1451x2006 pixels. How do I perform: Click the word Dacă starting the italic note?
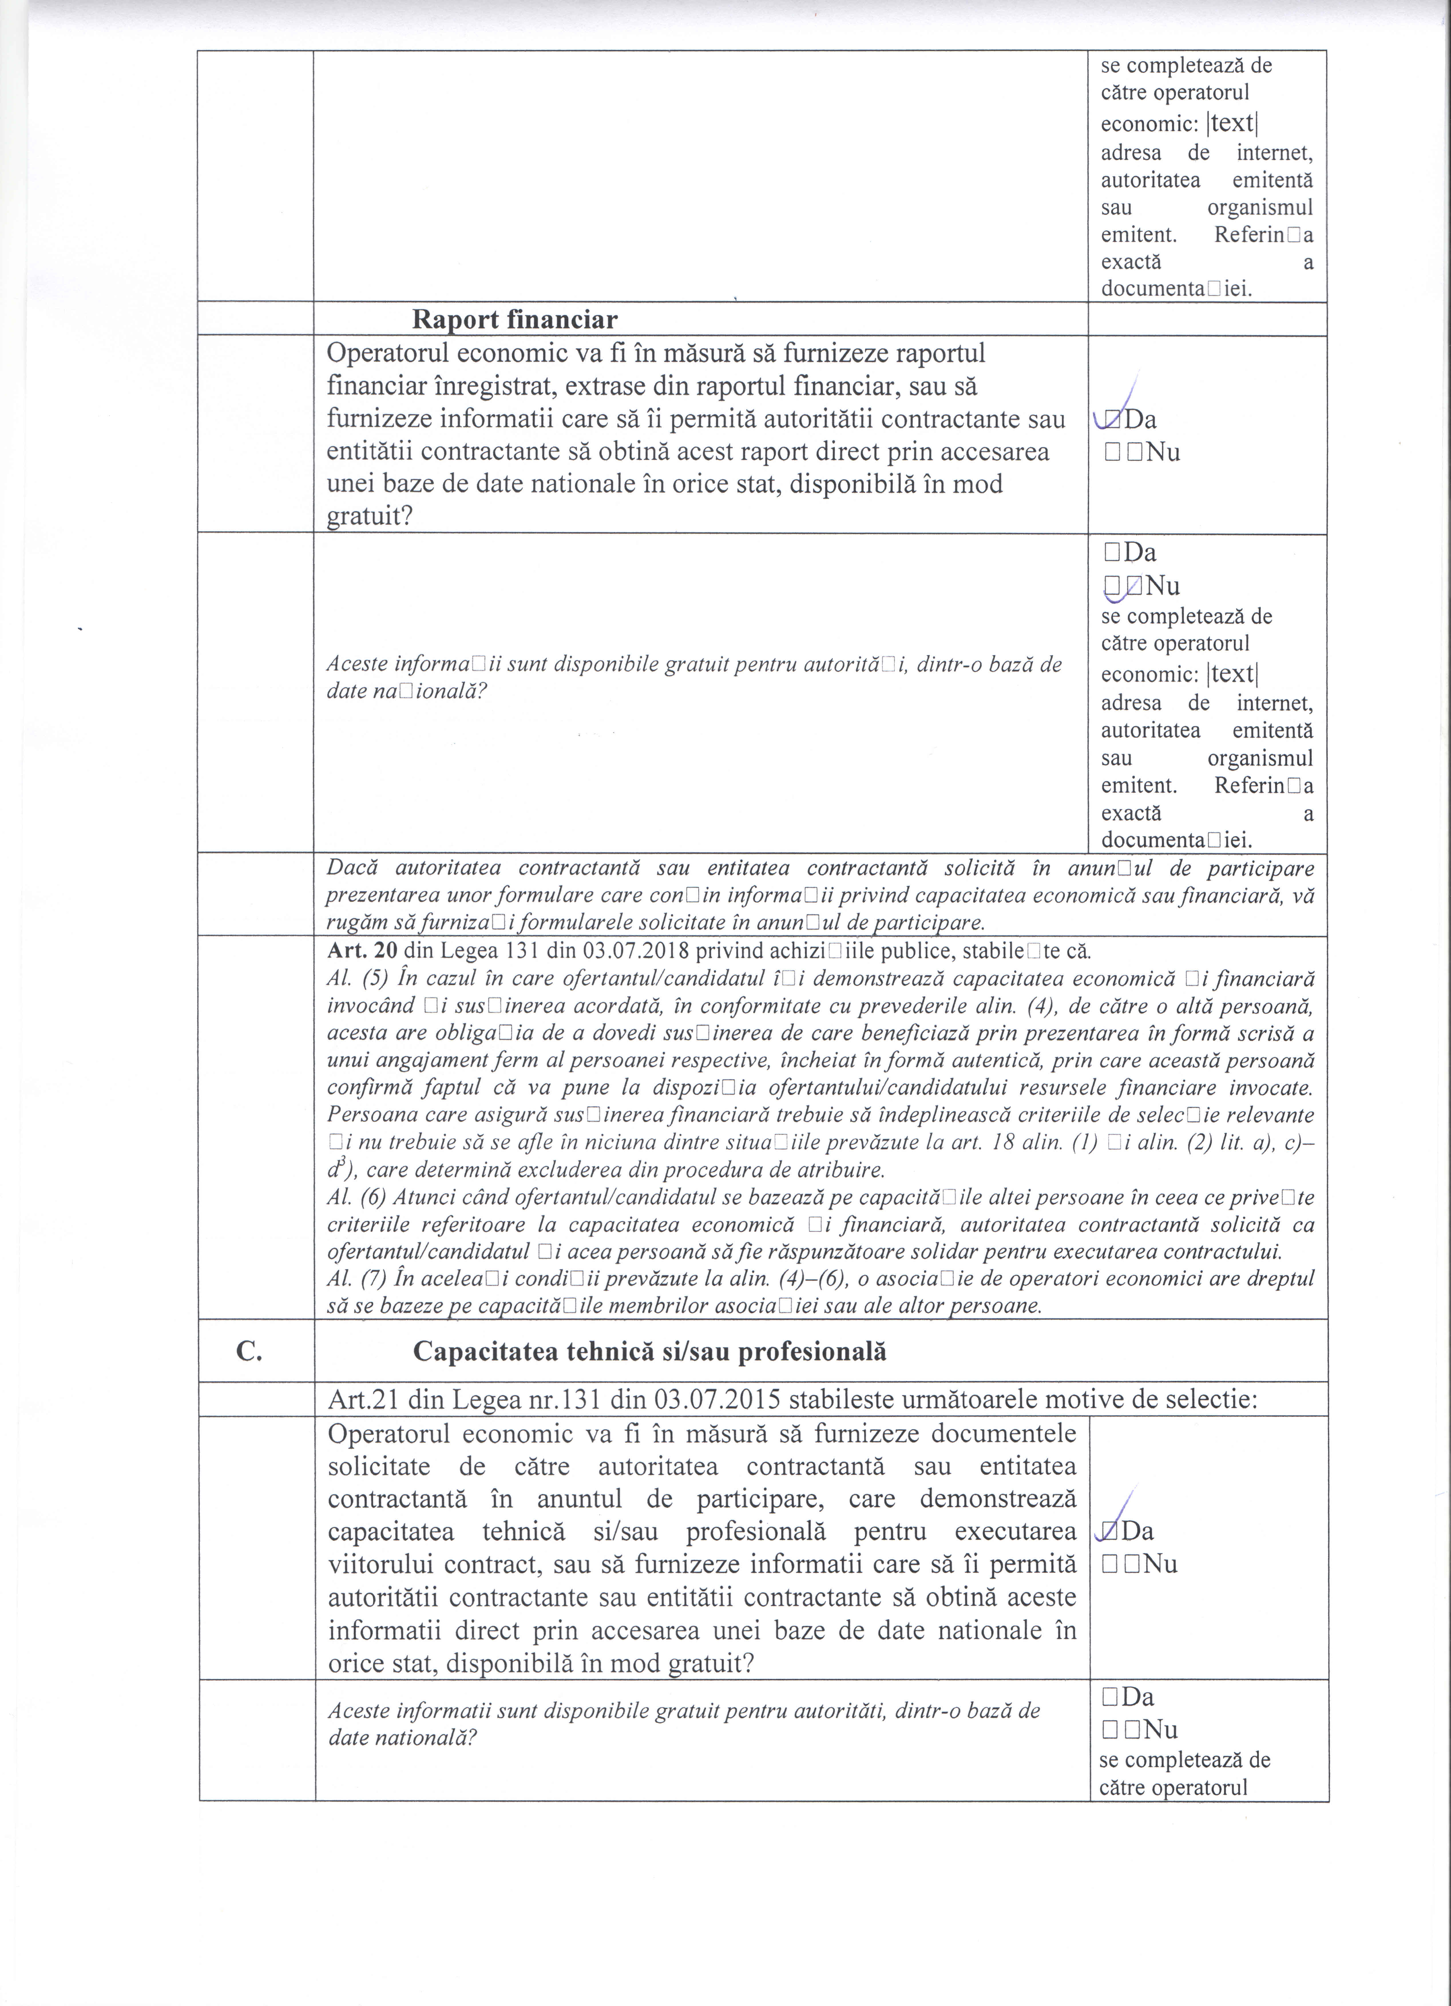352,868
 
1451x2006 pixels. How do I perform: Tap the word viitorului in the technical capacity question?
380,1564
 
